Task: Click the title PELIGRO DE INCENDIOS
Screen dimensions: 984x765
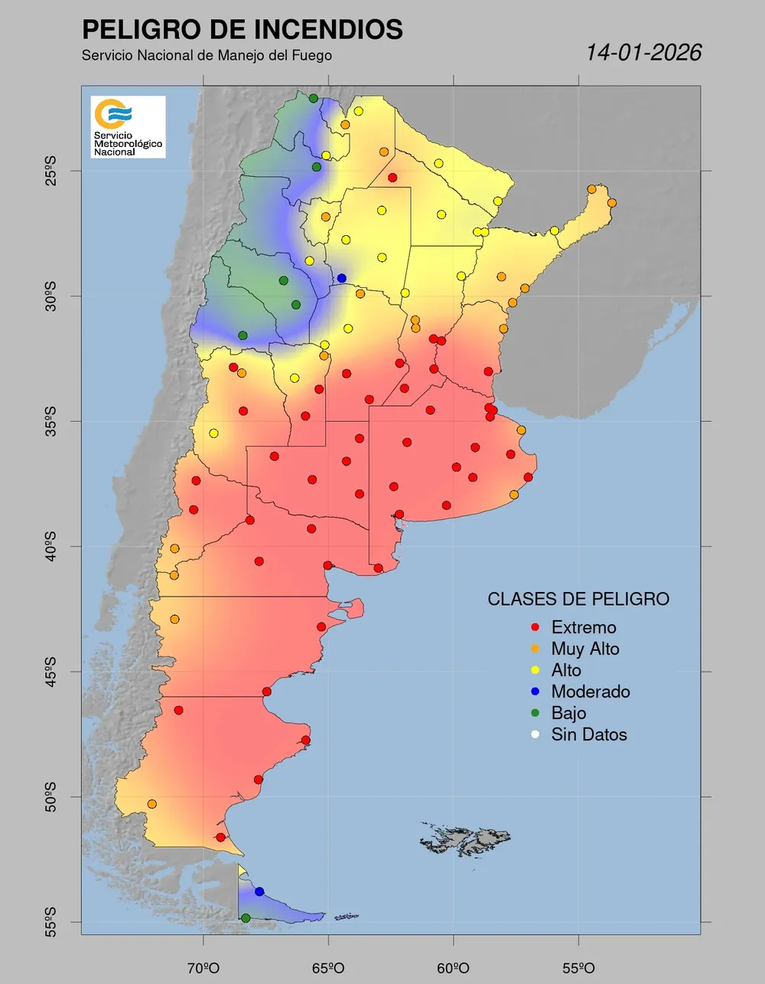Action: pos(242,30)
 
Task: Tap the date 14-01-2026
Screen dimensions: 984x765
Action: pos(643,52)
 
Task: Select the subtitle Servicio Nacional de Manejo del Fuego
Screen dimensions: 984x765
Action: pos(207,56)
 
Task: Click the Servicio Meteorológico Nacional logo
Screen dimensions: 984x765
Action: pos(128,126)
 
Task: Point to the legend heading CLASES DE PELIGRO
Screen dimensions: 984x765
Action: pos(578,599)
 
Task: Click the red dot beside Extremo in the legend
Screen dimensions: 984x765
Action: pos(535,628)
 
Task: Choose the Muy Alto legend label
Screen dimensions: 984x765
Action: pos(585,649)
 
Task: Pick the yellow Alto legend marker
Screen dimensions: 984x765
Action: pos(535,671)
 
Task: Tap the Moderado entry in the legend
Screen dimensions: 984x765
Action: pos(591,692)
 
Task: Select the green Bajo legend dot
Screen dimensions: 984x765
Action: pos(535,714)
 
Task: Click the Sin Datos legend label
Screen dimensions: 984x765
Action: pos(589,735)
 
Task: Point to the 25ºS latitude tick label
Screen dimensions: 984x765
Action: pos(50,171)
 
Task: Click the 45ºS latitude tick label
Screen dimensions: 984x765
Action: pos(50,672)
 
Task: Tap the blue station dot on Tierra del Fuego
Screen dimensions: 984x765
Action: pos(259,891)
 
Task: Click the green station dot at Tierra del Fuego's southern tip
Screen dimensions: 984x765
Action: pos(246,917)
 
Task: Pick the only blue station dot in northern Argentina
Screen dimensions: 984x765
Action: pos(341,278)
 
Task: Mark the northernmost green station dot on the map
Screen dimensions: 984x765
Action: pos(314,98)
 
